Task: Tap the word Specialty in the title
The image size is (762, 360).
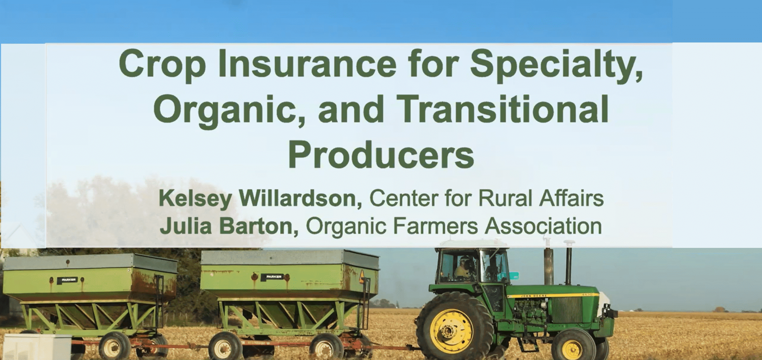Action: point(556,66)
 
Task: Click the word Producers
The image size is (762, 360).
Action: point(381,155)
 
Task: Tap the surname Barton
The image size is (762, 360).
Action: point(259,226)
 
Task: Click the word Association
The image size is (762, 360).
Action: point(543,226)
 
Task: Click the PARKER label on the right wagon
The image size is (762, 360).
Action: point(273,277)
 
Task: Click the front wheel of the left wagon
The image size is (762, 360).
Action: point(114,347)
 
